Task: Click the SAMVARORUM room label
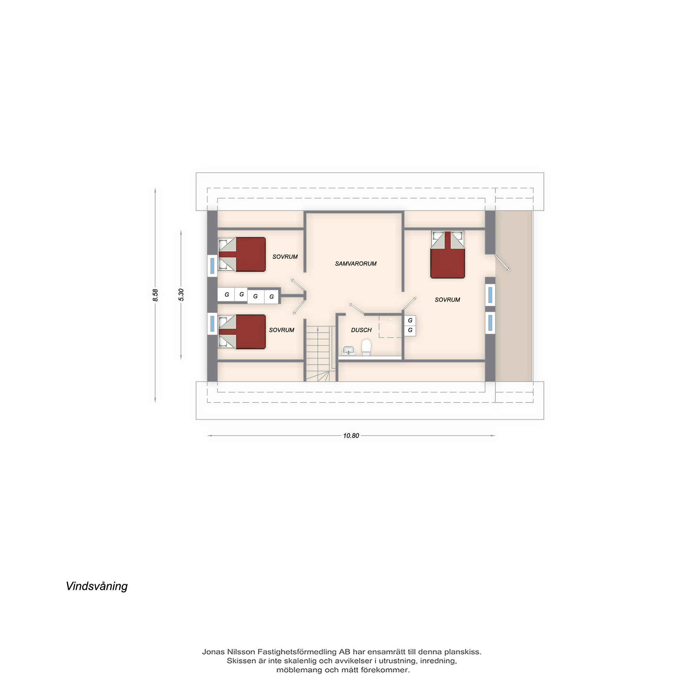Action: pyautogui.click(x=355, y=264)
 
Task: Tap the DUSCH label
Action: pyautogui.click(x=361, y=330)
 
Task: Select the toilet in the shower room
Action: pyautogui.click(x=366, y=347)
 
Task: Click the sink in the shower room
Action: pyautogui.click(x=348, y=350)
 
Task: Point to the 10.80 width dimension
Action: pyautogui.click(x=351, y=436)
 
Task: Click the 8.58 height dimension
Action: pyautogui.click(x=155, y=295)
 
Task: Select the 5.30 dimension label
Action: pyautogui.click(x=181, y=295)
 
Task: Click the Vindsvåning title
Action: pyautogui.click(x=97, y=587)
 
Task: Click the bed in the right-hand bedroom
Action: pyautogui.click(x=448, y=254)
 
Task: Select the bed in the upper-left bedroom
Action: pyautogui.click(x=242, y=255)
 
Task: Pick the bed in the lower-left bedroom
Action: pyautogui.click(x=242, y=332)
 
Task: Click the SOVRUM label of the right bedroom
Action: pyautogui.click(x=447, y=300)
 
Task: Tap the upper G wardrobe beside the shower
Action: pyautogui.click(x=410, y=321)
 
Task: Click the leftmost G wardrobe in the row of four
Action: pyautogui.click(x=226, y=294)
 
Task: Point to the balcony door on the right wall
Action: pyautogui.click(x=502, y=262)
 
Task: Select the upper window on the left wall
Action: pyautogui.click(x=212, y=266)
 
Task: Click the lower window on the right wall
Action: pyautogui.click(x=490, y=323)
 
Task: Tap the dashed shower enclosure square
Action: pyautogui.click(x=391, y=326)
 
